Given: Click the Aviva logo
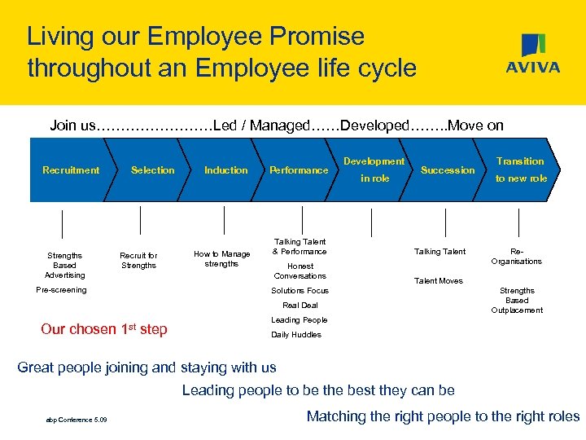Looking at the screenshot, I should [532, 55].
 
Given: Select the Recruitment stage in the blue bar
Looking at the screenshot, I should [71, 170].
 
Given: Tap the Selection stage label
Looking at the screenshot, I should [153, 170].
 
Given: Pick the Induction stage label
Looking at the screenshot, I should [225, 170].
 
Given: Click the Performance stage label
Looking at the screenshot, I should [299, 170].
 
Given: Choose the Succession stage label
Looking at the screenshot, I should [448, 170].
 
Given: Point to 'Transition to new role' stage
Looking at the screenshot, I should [521, 169].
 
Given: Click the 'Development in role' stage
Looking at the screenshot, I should [374, 169].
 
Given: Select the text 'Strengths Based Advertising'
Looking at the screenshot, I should [64, 265].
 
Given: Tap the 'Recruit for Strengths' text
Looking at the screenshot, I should [138, 260].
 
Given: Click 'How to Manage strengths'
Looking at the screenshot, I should [221, 259].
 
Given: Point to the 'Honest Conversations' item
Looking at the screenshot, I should [300, 271].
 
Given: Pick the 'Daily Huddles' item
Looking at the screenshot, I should [296, 335].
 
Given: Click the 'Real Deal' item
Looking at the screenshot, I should [300, 306].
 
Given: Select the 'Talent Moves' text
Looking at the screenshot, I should [439, 281].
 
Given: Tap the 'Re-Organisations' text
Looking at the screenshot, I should [517, 257].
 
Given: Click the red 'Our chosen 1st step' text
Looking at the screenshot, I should [104, 329].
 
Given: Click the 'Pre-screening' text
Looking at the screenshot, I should [62, 290].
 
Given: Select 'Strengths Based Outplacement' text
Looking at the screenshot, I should [517, 300].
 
